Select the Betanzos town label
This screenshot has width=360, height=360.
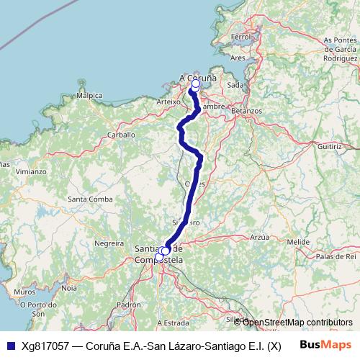pyautogui.click(x=246, y=112)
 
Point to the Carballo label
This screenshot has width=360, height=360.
pyautogui.click(x=121, y=134)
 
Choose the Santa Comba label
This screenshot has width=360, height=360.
pyautogui.click(x=89, y=199)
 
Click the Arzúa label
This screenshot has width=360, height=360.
pyautogui.click(x=258, y=236)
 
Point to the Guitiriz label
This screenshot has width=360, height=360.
pyautogui.click(x=328, y=145)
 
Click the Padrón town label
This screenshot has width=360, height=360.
pyautogui.click(x=129, y=305)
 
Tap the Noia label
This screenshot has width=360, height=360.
pyautogui.click(x=69, y=287)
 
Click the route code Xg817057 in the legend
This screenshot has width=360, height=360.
pyautogui.click(x=46, y=345)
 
